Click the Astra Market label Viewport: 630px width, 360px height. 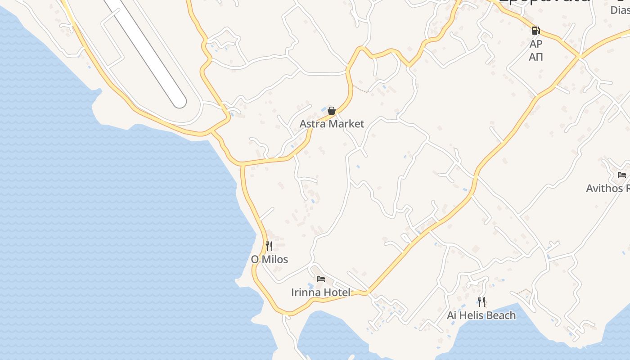(332, 124)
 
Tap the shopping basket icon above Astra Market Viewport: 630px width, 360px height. (332, 110)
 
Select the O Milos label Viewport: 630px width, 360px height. (269, 260)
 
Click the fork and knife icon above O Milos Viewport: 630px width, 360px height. (269, 246)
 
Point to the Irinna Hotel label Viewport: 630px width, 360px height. (320, 292)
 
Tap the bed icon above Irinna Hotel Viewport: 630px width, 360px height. (321, 279)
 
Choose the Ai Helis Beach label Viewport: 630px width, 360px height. (481, 315)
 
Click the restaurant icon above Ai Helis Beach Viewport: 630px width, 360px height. (481, 301)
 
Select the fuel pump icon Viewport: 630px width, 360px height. (535, 31)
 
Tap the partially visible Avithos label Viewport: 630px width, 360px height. (607, 188)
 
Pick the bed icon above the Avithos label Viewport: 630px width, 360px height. (622, 175)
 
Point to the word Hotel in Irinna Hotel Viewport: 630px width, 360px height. (335, 292)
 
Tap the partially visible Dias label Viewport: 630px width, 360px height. (620, 10)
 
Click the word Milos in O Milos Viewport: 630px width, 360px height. (274, 260)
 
